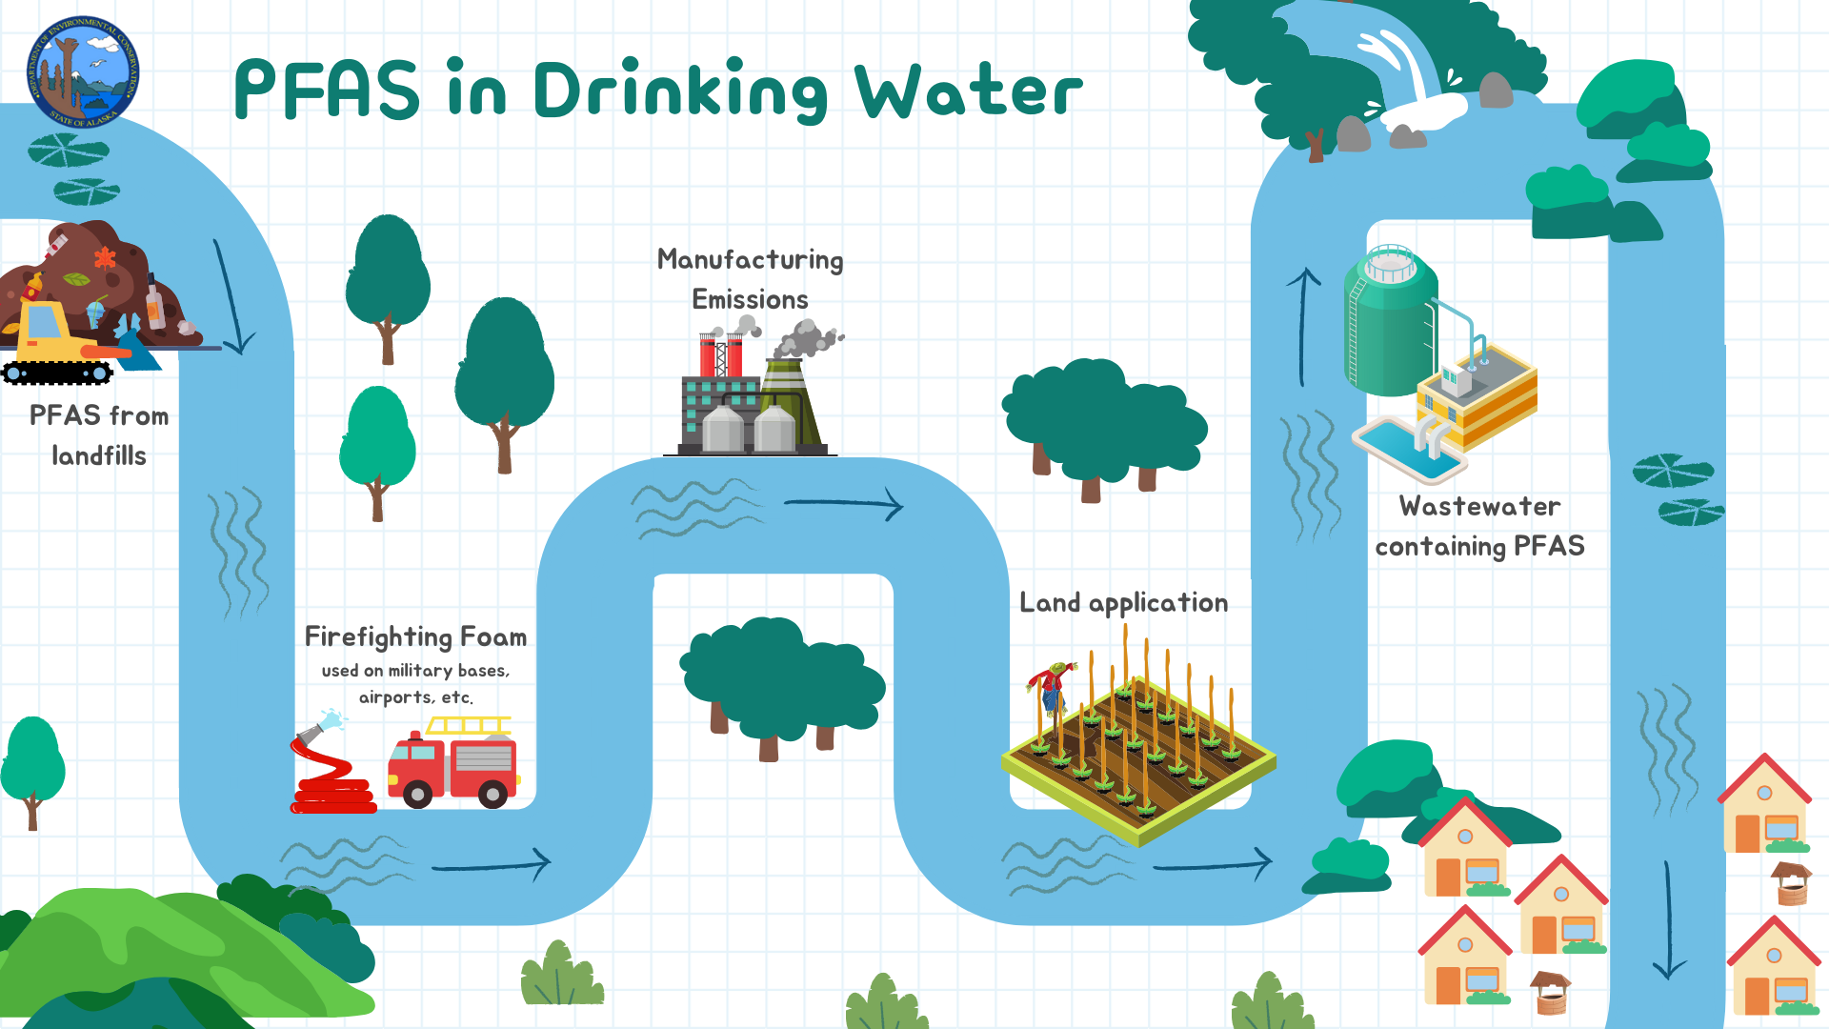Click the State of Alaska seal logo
(x=83, y=72)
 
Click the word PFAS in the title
(x=327, y=90)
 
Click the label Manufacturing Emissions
(x=751, y=279)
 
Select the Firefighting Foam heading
(x=415, y=636)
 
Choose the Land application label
(x=1123, y=603)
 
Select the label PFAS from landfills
(x=99, y=435)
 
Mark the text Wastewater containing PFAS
(x=1479, y=526)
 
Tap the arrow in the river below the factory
(x=843, y=504)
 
